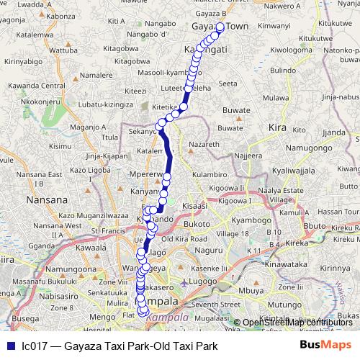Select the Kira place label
pyautogui.click(x=276, y=127)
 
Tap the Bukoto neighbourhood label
pyautogui.click(x=197, y=224)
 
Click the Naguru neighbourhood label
pyautogui.click(x=210, y=249)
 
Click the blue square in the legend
pyautogui.click(x=9, y=346)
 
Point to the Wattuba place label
pyautogui.click(x=63, y=50)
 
